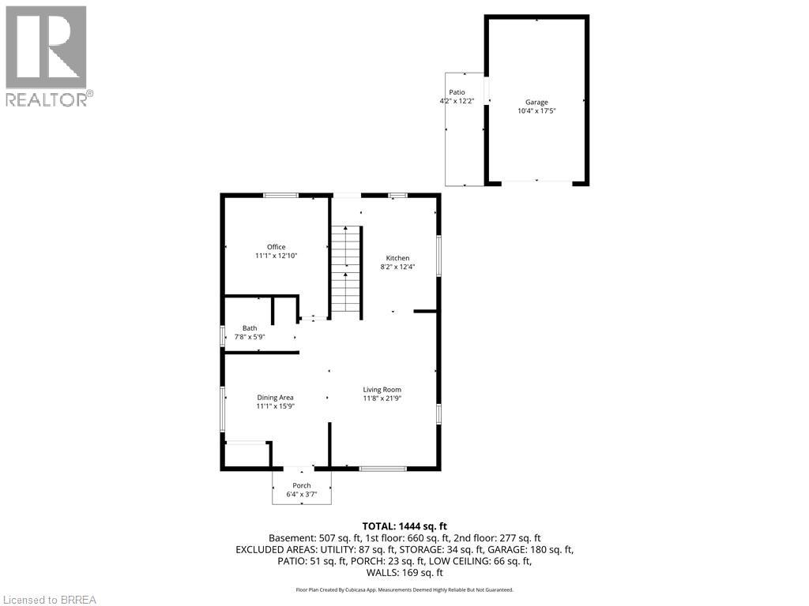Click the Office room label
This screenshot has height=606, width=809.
click(x=276, y=247)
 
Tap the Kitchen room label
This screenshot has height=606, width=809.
click(x=398, y=258)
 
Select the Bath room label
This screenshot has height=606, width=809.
click(x=250, y=328)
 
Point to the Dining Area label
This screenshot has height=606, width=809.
click(x=276, y=398)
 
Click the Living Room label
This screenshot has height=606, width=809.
click(x=382, y=390)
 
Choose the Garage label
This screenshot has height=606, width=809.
click(x=536, y=102)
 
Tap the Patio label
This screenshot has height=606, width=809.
click(x=457, y=92)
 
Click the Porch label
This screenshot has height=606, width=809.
click(x=302, y=485)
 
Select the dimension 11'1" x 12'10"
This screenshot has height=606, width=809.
click(x=276, y=256)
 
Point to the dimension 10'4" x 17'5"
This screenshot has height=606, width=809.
click(x=536, y=110)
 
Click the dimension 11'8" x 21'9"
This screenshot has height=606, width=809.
click(x=382, y=398)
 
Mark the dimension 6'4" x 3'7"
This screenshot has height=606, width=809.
click(x=302, y=494)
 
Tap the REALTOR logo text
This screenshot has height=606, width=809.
click(x=47, y=99)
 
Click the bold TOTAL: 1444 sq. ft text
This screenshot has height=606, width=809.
click(x=404, y=526)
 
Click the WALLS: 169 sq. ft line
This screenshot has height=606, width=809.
click(x=404, y=573)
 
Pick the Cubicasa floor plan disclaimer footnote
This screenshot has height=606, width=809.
click(x=404, y=589)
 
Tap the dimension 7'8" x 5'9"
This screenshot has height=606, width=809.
click(x=250, y=337)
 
